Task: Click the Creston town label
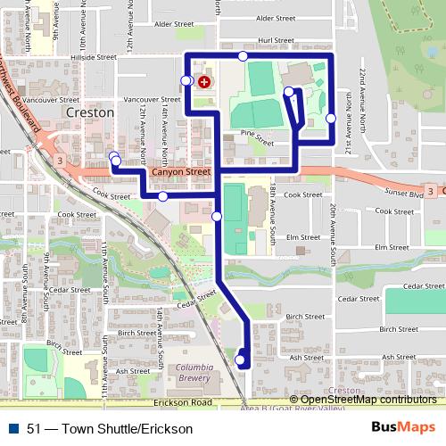coord(90,113)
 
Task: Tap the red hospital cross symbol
coord(205,82)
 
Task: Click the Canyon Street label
coord(181,171)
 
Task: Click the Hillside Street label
coord(97,55)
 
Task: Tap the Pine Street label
coord(257,136)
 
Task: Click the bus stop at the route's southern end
coord(239,360)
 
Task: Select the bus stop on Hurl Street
coord(243,57)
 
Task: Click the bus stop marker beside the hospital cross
coord(186,81)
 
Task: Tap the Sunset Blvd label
coord(404,191)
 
